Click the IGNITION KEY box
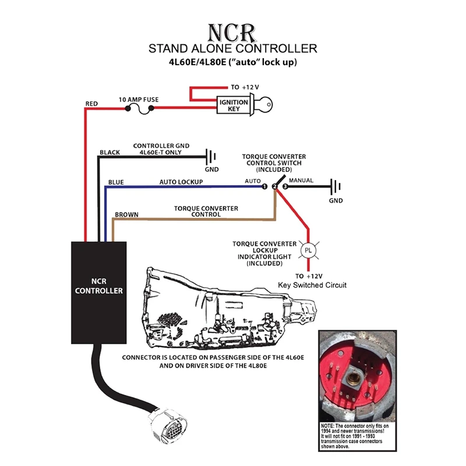click(x=234, y=106)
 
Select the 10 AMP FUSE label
click(x=139, y=100)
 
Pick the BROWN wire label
click(x=126, y=214)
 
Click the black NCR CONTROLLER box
click(x=99, y=291)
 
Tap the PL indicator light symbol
click(x=308, y=251)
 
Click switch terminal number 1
click(x=264, y=187)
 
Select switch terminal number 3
click(x=285, y=187)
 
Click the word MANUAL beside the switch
click(x=302, y=181)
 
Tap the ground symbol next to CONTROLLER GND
click(x=211, y=157)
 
